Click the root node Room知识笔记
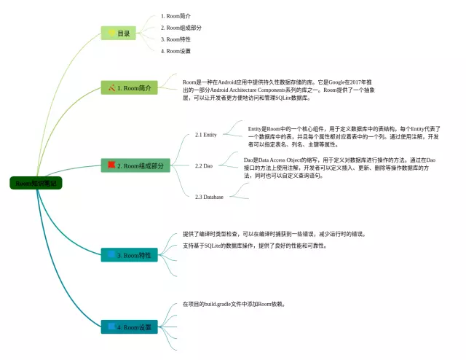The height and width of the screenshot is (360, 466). click(x=36, y=184)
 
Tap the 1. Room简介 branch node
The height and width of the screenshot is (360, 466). click(x=132, y=88)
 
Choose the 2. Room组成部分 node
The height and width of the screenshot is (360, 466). click(x=135, y=166)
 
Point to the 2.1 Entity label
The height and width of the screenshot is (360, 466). click(x=206, y=135)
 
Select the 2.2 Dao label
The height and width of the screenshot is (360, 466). click(x=203, y=166)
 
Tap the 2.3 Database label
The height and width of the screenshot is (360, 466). click(x=209, y=197)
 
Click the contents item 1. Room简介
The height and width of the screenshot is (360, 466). click(x=176, y=15)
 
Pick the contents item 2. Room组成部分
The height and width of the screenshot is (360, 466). click(x=181, y=27)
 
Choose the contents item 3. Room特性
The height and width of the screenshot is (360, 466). click(x=176, y=39)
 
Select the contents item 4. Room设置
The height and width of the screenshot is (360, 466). click(x=176, y=51)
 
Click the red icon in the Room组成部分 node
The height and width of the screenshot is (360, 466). click(x=111, y=165)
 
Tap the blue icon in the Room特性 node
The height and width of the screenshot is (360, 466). click(x=111, y=255)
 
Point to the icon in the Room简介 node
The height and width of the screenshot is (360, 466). click(x=111, y=88)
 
